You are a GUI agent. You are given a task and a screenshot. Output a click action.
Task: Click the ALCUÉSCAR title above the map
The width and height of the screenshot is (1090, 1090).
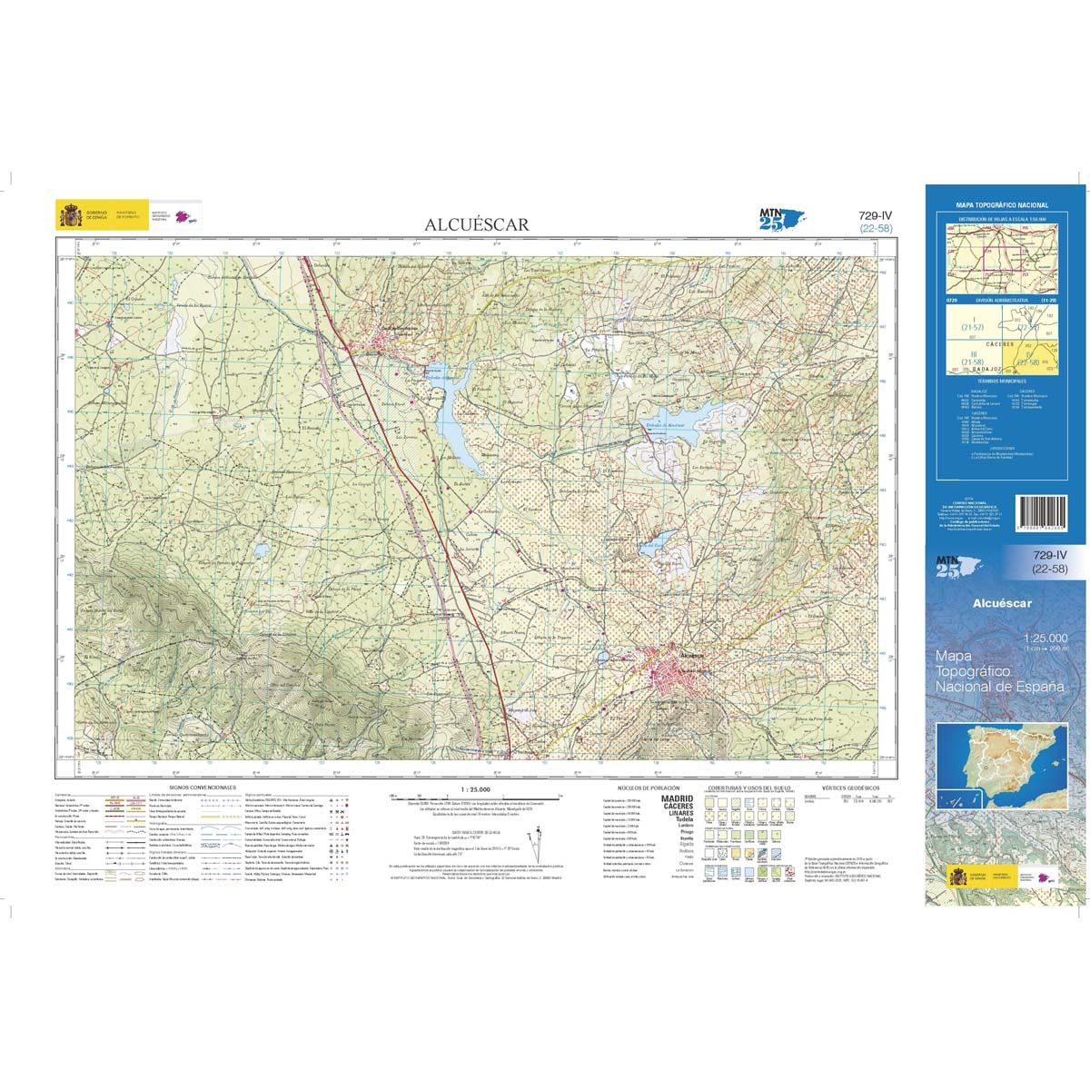[x=475, y=223]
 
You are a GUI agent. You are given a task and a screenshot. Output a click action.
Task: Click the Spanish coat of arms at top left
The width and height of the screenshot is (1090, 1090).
[x=70, y=217]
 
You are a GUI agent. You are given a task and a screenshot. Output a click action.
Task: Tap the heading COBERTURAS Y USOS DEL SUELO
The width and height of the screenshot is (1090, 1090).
[x=747, y=788]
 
